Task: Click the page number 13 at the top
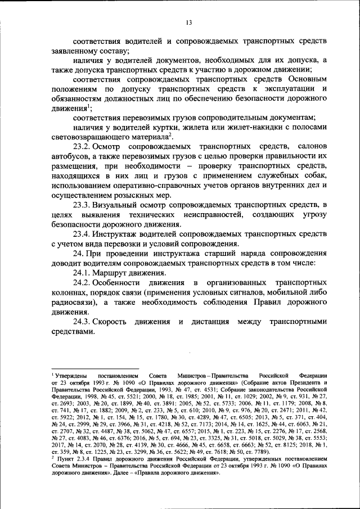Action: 189,22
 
